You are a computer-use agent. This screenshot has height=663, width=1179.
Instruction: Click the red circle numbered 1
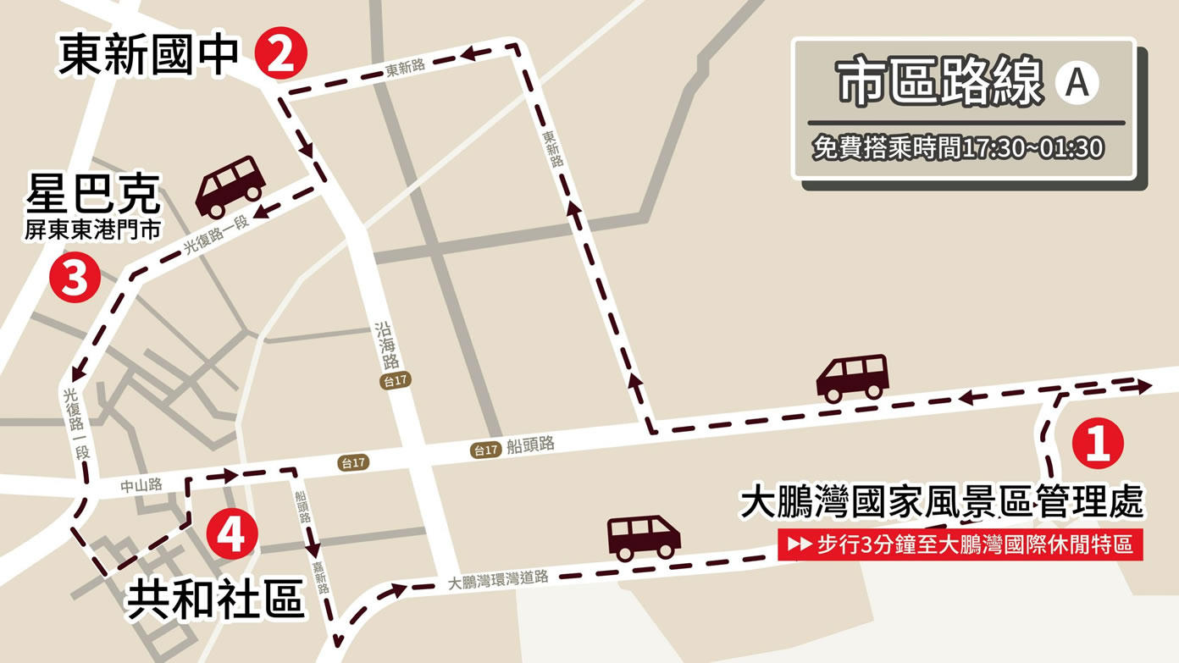[1098, 444]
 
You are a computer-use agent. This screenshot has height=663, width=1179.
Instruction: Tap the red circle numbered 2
[281, 55]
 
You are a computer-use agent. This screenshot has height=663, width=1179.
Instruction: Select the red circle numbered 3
[75, 279]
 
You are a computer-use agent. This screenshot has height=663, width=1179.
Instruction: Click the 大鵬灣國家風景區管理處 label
[942, 501]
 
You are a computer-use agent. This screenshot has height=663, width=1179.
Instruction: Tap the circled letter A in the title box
[1077, 83]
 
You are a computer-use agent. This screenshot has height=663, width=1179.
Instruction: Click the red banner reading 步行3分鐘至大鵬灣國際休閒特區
[960, 544]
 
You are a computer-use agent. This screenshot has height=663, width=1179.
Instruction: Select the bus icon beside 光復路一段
[230, 185]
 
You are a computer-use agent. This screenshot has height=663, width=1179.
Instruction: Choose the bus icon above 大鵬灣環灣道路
[644, 538]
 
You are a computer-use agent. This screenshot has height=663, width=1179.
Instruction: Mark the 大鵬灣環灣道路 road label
[499, 580]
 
